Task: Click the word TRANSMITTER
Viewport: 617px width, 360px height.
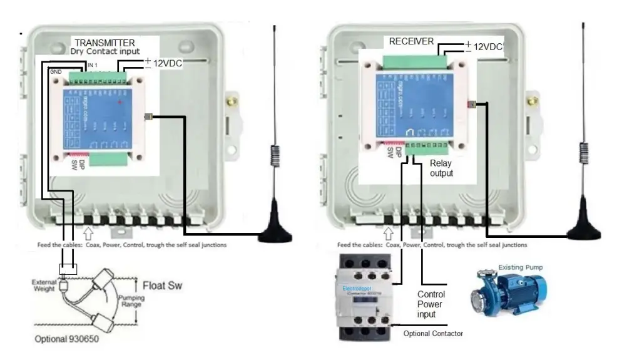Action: [x=105, y=43]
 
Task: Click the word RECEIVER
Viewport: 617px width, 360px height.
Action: [x=411, y=41]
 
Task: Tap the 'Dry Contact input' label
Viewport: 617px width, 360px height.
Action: [x=105, y=51]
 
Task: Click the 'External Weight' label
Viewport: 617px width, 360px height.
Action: [x=45, y=285]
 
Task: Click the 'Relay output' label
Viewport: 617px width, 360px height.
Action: [x=441, y=168]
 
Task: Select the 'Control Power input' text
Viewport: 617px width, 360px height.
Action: [x=431, y=304]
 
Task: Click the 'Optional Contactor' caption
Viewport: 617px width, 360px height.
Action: [x=434, y=334]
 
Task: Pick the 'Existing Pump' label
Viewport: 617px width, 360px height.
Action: [x=521, y=267]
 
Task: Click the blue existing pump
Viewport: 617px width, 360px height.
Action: [x=508, y=293]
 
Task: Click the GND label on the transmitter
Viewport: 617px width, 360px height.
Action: [x=56, y=72]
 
